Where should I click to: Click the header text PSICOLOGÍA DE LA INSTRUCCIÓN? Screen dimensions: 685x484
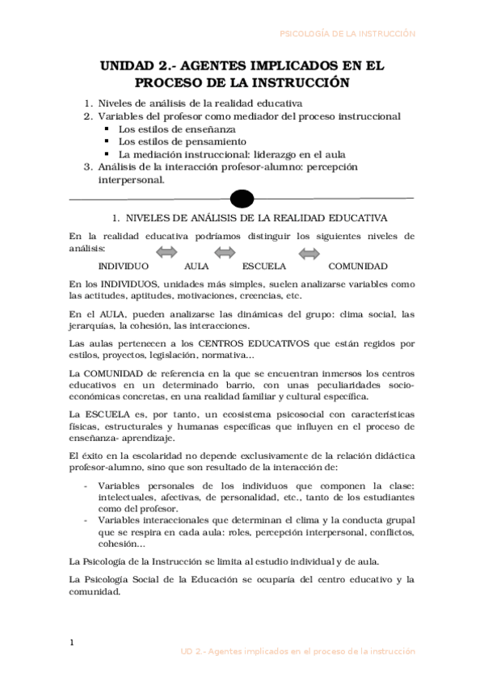point(347,34)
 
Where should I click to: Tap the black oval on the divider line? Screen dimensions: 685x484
point(242,198)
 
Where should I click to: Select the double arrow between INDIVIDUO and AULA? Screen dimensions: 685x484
point(166,253)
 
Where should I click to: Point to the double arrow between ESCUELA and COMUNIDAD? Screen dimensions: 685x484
point(309,253)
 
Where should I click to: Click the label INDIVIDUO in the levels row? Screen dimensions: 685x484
point(123,267)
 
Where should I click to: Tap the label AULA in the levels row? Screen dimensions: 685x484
point(196,267)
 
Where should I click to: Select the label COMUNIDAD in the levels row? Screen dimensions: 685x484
point(358,267)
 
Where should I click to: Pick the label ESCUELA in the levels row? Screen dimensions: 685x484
point(263,267)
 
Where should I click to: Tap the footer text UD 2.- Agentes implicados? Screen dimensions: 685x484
point(297,650)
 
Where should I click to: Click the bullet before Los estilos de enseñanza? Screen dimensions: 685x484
point(107,129)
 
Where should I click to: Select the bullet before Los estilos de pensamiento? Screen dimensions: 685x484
point(107,141)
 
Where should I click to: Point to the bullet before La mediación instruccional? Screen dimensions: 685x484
point(107,154)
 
